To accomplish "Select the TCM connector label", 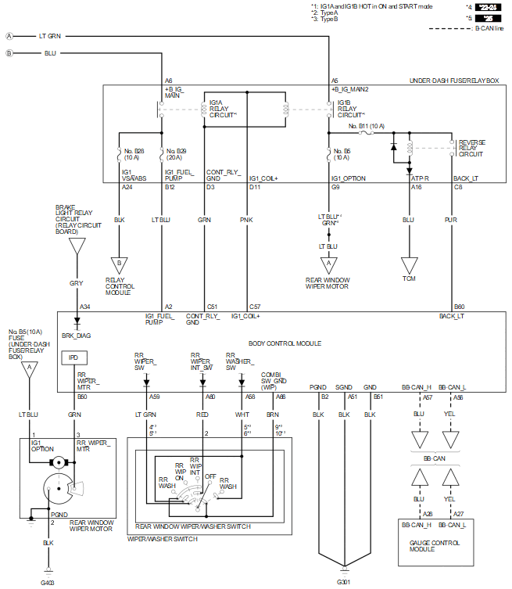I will pyautogui.click(x=409, y=278).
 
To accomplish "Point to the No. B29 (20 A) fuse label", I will pyautogui.click(x=176, y=153).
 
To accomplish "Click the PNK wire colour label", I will pyautogui.click(x=246, y=221).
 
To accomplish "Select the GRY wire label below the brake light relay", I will pyautogui.click(x=76, y=282).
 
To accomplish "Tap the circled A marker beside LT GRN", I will pyautogui.click(x=9, y=36).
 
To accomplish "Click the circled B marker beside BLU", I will pyautogui.click(x=9, y=53).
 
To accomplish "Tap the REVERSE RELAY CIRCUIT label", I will pyautogui.click(x=472, y=148).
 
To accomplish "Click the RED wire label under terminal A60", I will pyautogui.click(x=202, y=415).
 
